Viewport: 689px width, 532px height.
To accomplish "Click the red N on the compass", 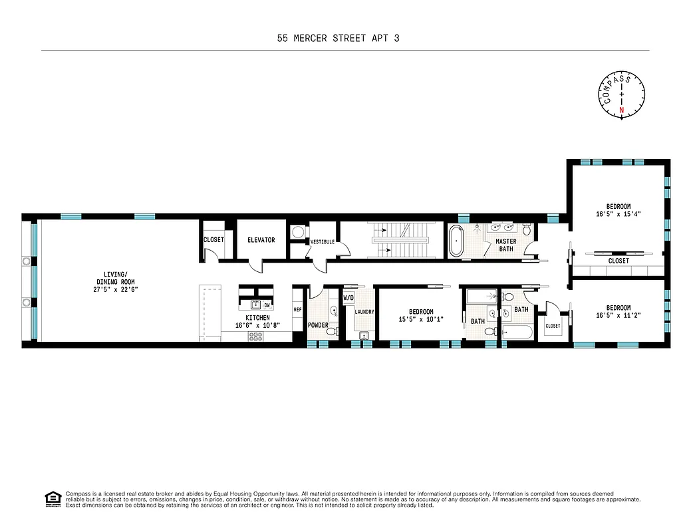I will tap(622, 110).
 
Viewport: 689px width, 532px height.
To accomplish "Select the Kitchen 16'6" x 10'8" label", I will tap(257, 322).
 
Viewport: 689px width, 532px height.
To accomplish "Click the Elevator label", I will tap(261, 240).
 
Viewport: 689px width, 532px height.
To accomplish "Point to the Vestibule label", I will tap(321, 242).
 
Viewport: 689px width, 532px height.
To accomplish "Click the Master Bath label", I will tap(505, 245).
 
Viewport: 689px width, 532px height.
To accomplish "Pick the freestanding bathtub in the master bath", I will tap(457, 241).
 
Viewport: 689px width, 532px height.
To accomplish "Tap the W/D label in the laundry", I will tap(348, 298).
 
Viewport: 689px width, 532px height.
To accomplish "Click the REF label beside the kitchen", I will tap(297, 309).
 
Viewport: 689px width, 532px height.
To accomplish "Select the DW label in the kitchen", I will tap(267, 305).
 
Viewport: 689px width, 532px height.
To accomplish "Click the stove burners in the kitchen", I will tap(256, 336).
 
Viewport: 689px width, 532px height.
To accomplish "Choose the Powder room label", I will tap(318, 325).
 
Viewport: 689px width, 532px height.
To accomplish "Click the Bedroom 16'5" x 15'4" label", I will tap(618, 210).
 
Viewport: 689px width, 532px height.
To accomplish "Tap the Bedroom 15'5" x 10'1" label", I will tap(421, 315).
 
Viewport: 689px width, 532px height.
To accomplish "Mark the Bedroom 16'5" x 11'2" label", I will tap(618, 312).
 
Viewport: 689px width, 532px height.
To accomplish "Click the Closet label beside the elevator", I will tap(213, 240).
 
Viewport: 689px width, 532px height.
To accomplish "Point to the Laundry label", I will tap(364, 311).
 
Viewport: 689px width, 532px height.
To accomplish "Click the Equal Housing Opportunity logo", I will tap(51, 498).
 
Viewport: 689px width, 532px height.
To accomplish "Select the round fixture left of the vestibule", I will tap(297, 233).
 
